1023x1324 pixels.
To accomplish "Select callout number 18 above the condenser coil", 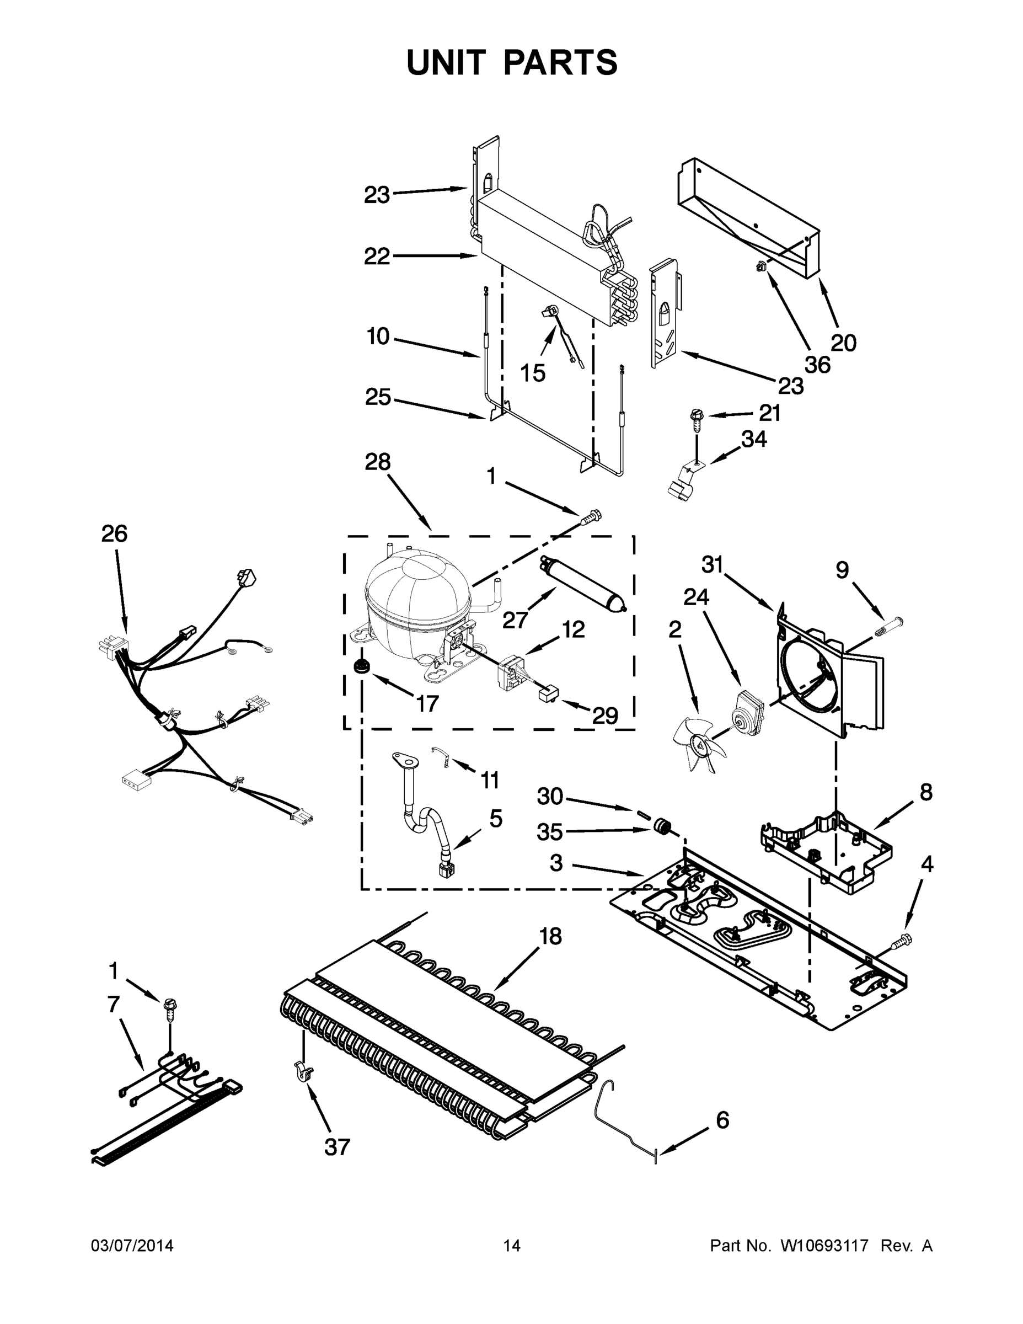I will point(550,937).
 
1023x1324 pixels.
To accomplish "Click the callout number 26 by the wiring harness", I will point(114,533).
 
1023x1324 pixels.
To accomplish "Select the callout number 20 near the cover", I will point(843,343).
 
